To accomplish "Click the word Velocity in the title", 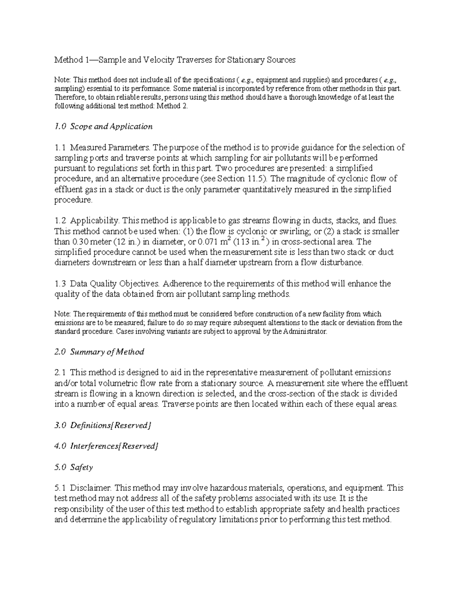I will coord(159,60).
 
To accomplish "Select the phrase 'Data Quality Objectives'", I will coord(115,284).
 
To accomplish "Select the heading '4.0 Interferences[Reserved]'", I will coord(106,446).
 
